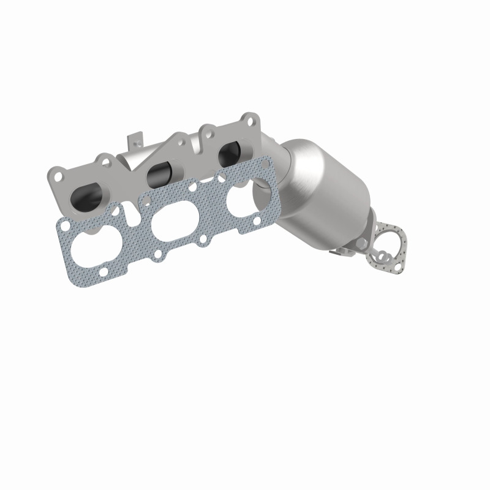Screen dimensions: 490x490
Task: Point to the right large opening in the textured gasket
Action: tap(243, 197)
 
